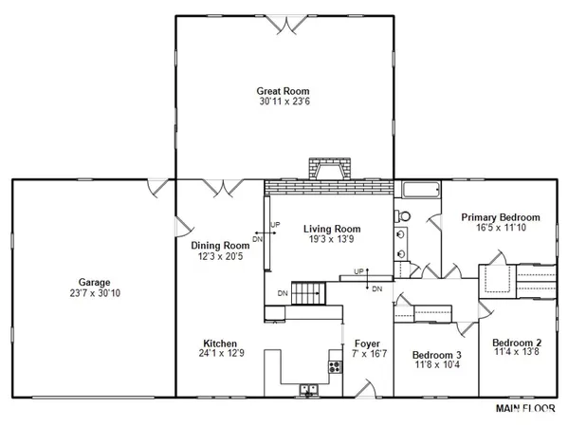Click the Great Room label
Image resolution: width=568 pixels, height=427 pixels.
(x=284, y=91)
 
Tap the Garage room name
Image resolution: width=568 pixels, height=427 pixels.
(x=95, y=282)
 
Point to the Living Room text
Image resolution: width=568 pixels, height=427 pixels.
(x=332, y=229)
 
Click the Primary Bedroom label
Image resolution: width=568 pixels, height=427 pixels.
(x=501, y=217)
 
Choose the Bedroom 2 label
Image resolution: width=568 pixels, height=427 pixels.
(x=517, y=343)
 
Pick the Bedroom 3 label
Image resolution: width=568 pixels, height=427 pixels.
(x=437, y=355)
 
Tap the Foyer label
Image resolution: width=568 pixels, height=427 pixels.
(x=367, y=343)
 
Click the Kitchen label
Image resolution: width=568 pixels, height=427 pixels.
(x=220, y=343)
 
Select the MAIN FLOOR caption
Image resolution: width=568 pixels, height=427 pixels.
(x=527, y=409)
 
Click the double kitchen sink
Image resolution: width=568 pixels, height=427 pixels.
(x=309, y=388)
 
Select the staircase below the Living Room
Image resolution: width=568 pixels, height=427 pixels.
(x=306, y=293)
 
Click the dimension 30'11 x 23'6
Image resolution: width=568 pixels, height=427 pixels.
(x=284, y=102)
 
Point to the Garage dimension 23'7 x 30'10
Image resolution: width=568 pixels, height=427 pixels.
(x=95, y=292)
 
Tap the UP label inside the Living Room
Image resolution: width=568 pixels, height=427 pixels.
(x=276, y=225)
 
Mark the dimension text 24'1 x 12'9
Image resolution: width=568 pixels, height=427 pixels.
(x=220, y=353)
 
